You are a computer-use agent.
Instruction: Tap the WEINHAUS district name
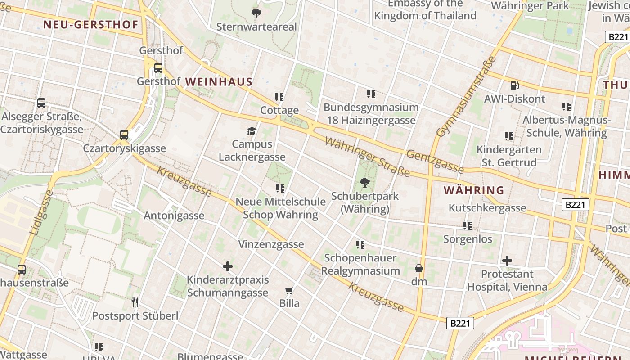point(219,82)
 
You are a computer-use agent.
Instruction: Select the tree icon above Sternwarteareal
point(256,13)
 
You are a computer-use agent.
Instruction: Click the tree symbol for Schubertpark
point(365,182)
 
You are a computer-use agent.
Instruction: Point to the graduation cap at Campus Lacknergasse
point(252,131)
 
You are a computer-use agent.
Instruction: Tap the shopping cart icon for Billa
point(289,290)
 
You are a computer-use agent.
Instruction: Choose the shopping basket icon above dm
point(419,268)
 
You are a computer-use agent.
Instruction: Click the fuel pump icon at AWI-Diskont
point(514,85)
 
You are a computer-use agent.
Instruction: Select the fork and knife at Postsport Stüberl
point(135,302)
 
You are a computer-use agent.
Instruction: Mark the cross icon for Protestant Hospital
point(507,260)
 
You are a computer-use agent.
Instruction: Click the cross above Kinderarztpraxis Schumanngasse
point(228,266)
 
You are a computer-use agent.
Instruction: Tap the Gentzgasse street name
point(435,162)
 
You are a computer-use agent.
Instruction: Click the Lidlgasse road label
point(40,212)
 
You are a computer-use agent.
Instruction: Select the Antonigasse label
point(174,216)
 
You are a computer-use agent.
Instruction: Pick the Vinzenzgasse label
point(271,244)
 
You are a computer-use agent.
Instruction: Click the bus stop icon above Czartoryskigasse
point(124,135)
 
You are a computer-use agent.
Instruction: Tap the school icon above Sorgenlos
point(468,225)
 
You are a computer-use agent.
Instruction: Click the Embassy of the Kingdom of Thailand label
point(425,10)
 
